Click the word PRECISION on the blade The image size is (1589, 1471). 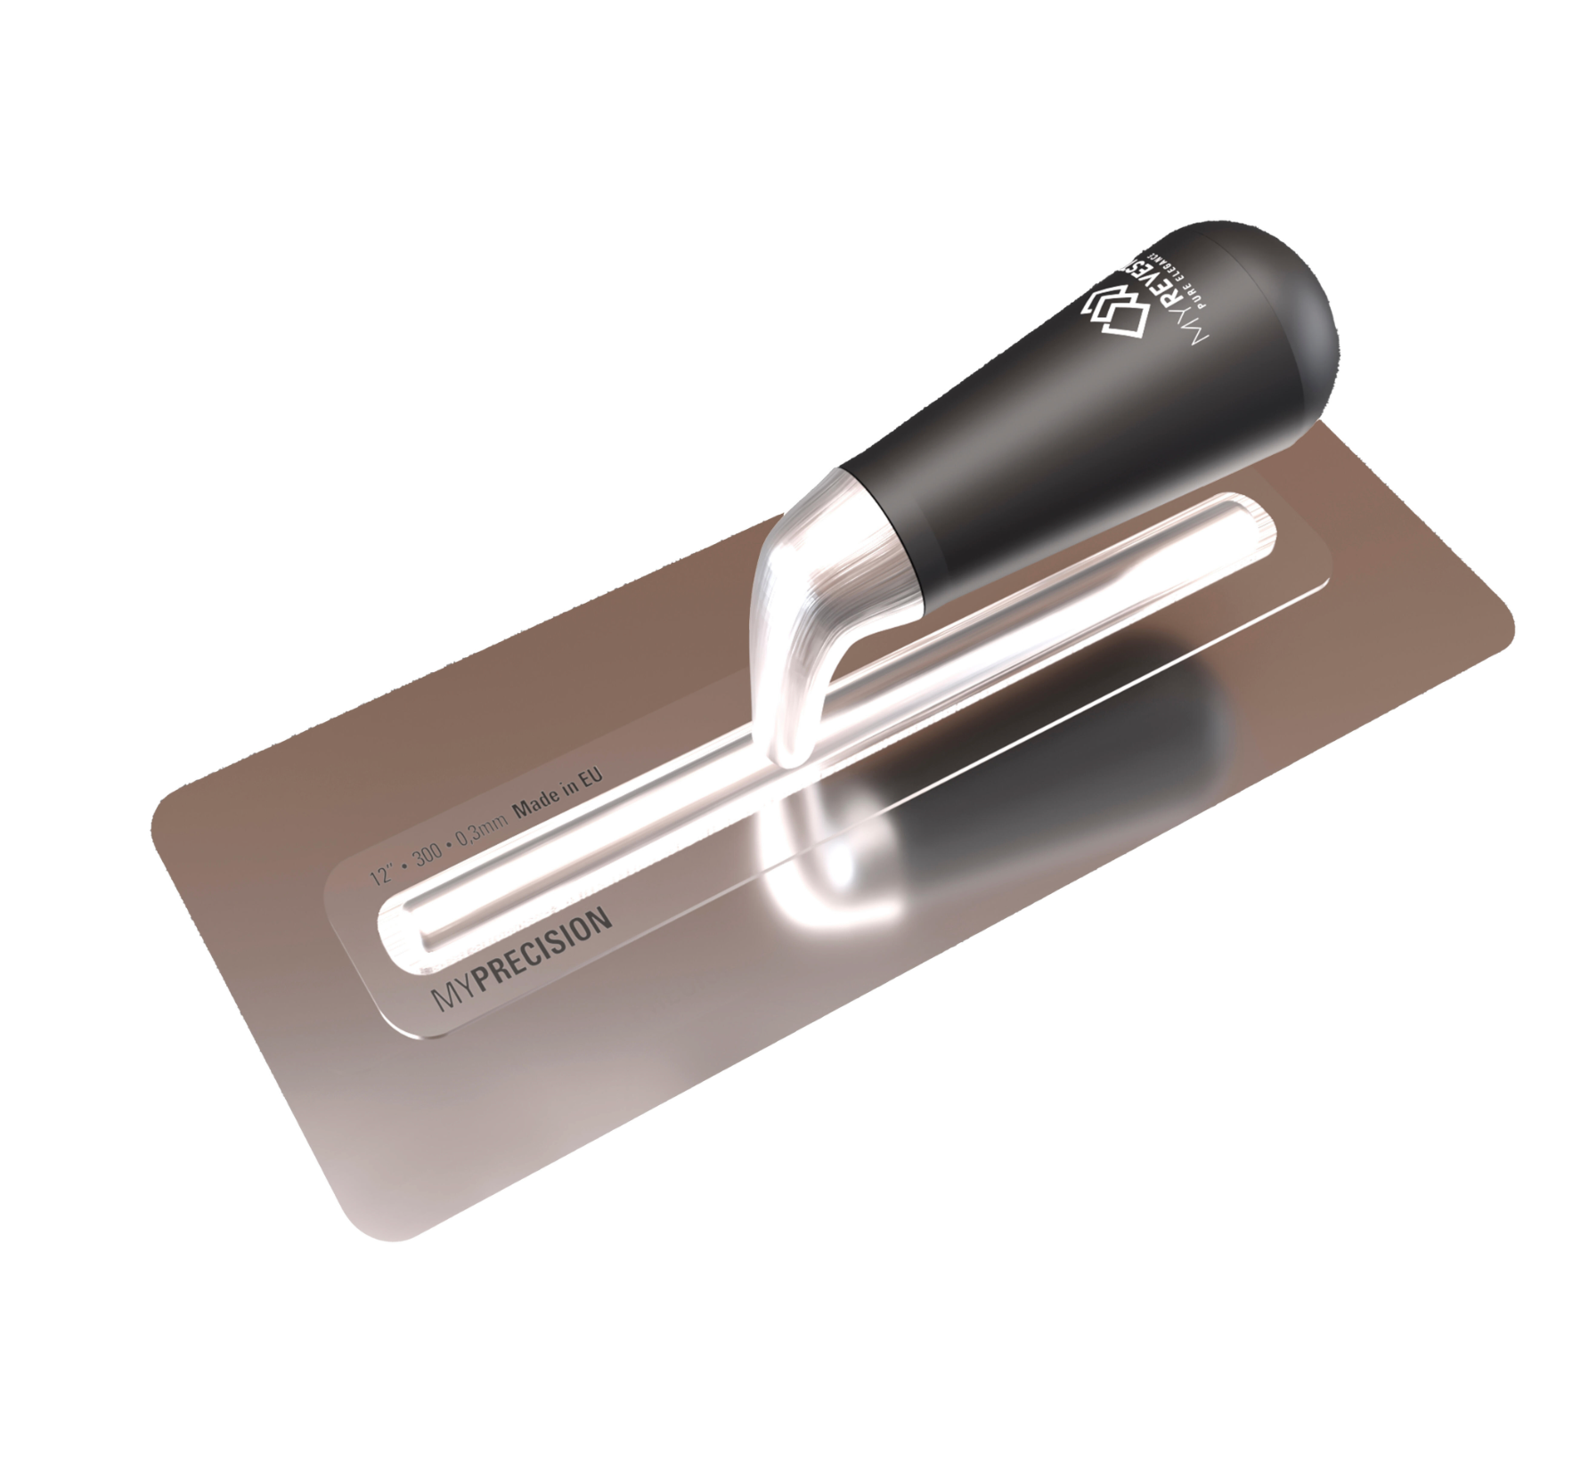[x=545, y=954]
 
